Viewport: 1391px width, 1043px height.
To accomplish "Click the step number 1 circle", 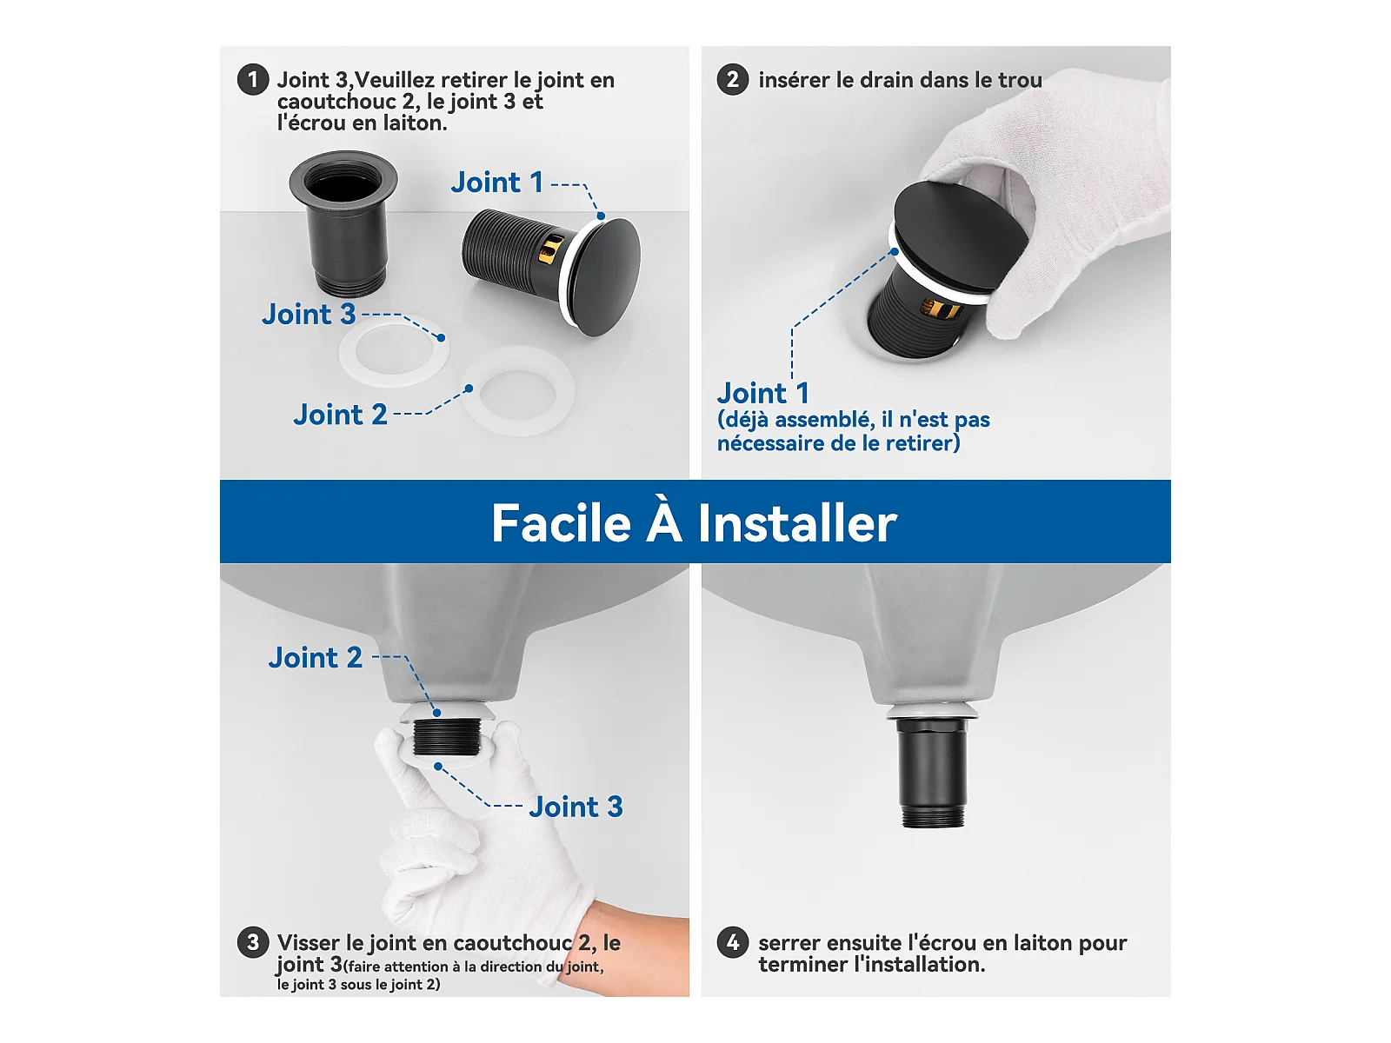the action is click(x=253, y=80).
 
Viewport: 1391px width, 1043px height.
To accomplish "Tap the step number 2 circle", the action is click(x=733, y=80).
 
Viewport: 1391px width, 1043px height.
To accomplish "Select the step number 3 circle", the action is click(x=253, y=942).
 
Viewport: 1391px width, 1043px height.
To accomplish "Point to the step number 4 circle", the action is click(x=733, y=942).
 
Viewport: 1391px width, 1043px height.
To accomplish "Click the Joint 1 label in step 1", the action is click(x=496, y=183).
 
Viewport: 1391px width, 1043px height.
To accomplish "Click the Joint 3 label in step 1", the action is click(x=309, y=315).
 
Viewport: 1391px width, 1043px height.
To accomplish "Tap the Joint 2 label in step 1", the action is click(x=340, y=415).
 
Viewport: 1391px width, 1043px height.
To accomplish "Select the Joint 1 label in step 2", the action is click(x=763, y=393).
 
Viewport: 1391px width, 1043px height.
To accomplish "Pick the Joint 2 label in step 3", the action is click(x=315, y=658).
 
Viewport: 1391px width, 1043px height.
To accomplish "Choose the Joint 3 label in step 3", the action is click(x=576, y=807).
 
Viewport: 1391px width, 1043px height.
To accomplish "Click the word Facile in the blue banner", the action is click(x=561, y=523).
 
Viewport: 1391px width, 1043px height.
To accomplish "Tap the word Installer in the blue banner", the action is click(x=797, y=524).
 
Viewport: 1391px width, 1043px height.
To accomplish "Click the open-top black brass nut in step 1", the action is click(x=343, y=223).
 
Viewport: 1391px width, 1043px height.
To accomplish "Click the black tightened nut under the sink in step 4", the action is click(x=932, y=771).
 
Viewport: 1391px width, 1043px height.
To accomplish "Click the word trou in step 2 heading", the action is click(x=1021, y=80).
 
